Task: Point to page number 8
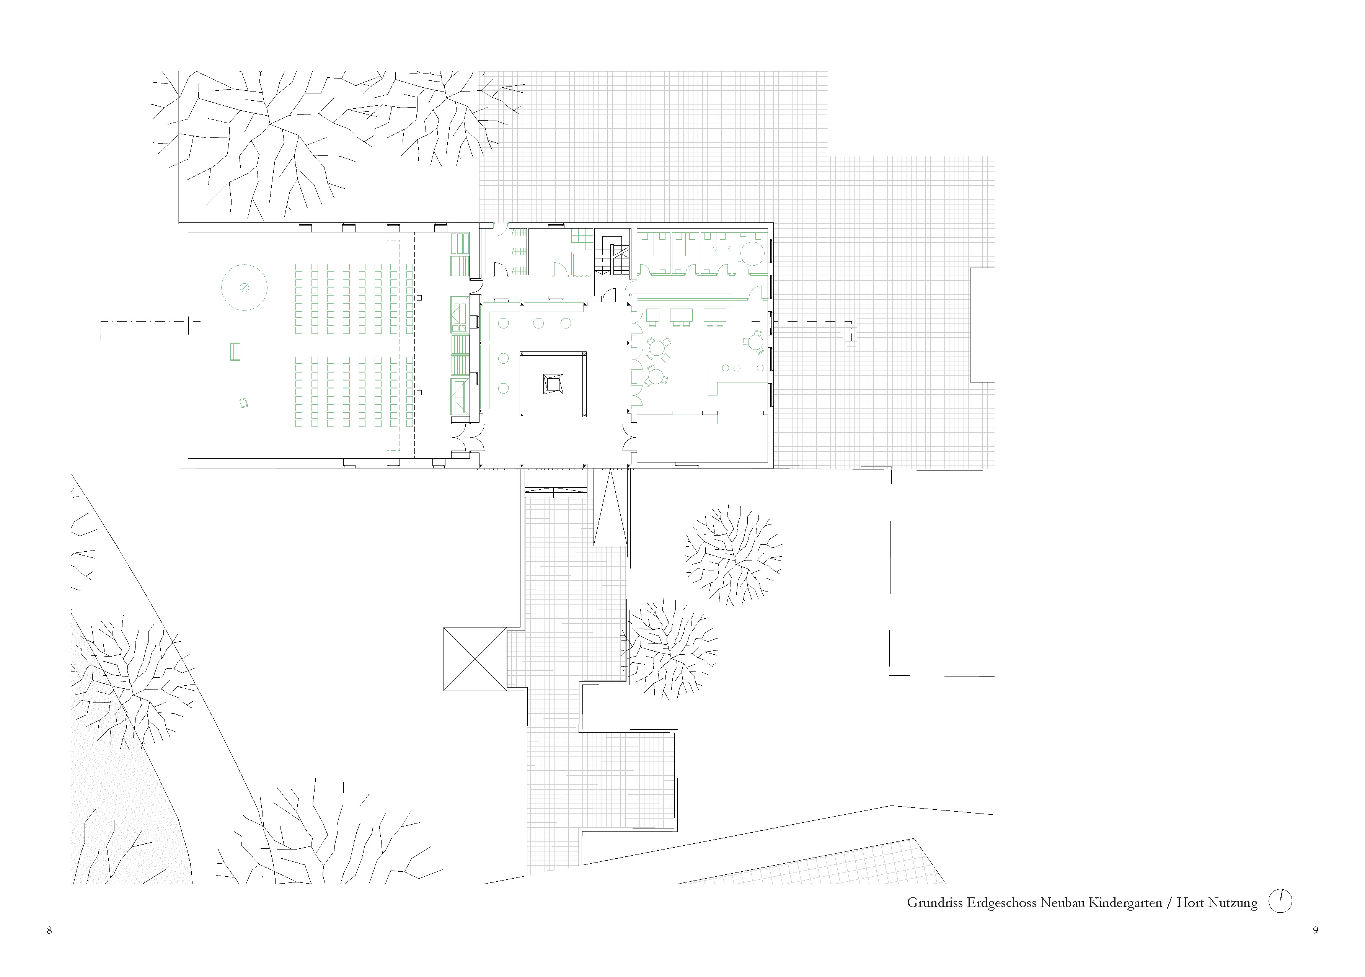coord(49,930)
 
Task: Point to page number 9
coord(1316,930)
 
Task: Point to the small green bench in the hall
coord(235,351)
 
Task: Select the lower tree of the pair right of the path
coord(669,649)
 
